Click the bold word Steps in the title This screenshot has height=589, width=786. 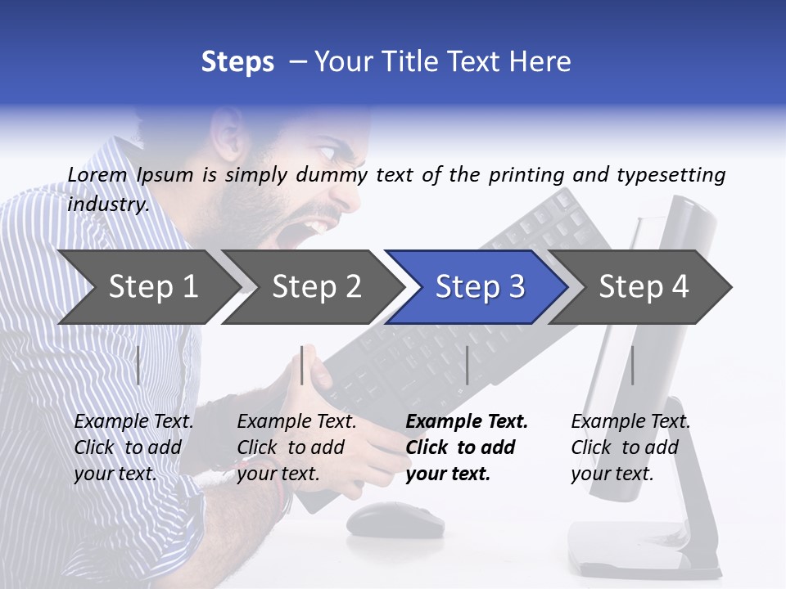point(237,62)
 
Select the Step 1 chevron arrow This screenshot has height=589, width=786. point(147,287)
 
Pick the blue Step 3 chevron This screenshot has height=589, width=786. point(479,287)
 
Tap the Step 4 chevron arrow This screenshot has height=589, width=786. point(643,287)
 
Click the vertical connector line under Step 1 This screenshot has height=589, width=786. point(138,365)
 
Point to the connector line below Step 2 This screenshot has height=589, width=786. point(302,365)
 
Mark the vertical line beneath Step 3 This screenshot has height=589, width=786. point(467,365)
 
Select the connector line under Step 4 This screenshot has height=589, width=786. point(632,365)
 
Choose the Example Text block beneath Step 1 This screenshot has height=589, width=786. point(133,447)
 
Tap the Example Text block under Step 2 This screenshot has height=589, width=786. point(296,447)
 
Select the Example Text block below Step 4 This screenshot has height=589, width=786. point(630,447)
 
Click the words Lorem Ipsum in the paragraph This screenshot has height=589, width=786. point(130,175)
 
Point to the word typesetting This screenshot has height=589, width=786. point(671,175)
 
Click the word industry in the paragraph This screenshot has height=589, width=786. point(107,205)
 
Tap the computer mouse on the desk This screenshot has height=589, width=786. point(393,519)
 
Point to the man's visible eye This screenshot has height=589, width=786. point(326,152)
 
